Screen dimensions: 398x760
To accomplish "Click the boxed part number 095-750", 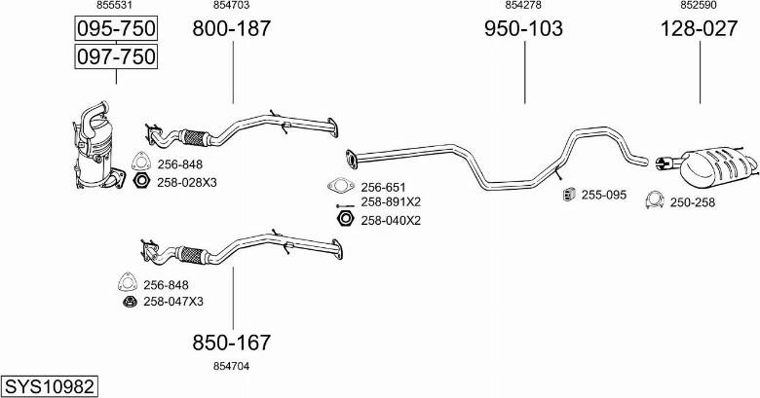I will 116,28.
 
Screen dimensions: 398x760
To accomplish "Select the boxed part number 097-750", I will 116,57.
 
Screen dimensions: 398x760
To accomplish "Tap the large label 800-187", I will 232,29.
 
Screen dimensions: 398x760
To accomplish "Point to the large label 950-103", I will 523,29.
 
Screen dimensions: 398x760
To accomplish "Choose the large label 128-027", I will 699,29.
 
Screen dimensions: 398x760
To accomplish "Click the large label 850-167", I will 232,343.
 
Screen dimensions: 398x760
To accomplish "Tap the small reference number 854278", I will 523,6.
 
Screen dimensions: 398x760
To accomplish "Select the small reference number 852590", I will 699,6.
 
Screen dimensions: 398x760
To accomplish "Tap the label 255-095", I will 603,195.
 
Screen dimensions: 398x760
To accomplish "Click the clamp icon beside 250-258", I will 654,201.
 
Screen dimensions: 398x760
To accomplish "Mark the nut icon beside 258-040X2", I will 342,220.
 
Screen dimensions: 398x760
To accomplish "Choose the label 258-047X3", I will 173,301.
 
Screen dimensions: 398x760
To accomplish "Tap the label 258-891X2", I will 391,201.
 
